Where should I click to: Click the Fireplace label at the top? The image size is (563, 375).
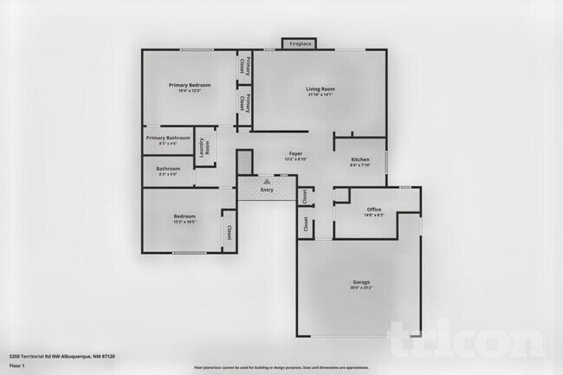[300, 43]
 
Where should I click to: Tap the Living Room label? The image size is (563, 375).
[320, 88]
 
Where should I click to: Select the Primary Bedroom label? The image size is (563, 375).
[190, 85]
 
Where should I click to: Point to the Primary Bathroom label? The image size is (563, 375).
[168, 138]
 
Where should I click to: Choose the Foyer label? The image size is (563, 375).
[295, 152]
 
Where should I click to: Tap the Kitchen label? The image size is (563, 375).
[360, 159]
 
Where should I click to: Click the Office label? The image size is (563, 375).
[374, 210]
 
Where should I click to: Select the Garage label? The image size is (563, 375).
[360, 282]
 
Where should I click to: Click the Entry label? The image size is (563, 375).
[267, 190]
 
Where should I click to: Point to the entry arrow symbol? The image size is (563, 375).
[267, 182]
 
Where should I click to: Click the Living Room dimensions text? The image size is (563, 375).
[320, 94]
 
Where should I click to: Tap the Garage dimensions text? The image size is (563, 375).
[360, 288]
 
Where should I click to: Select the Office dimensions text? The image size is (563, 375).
[374, 216]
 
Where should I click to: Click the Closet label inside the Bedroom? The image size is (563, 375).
[229, 232]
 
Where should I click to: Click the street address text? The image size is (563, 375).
[61, 355]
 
